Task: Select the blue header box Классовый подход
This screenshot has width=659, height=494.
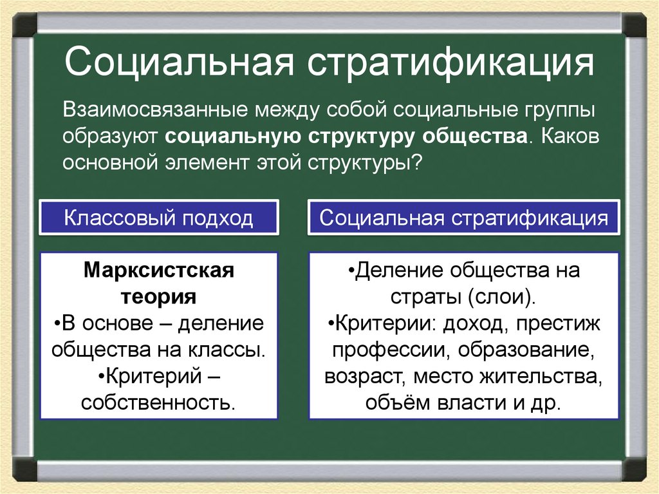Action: click(158, 218)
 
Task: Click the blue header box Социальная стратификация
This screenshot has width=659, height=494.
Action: click(463, 218)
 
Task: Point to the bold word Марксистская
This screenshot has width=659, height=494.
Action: click(158, 271)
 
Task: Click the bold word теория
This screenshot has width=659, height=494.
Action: click(158, 297)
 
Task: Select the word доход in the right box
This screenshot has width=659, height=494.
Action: click(474, 323)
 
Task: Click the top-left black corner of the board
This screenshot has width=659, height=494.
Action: click(24, 24)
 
